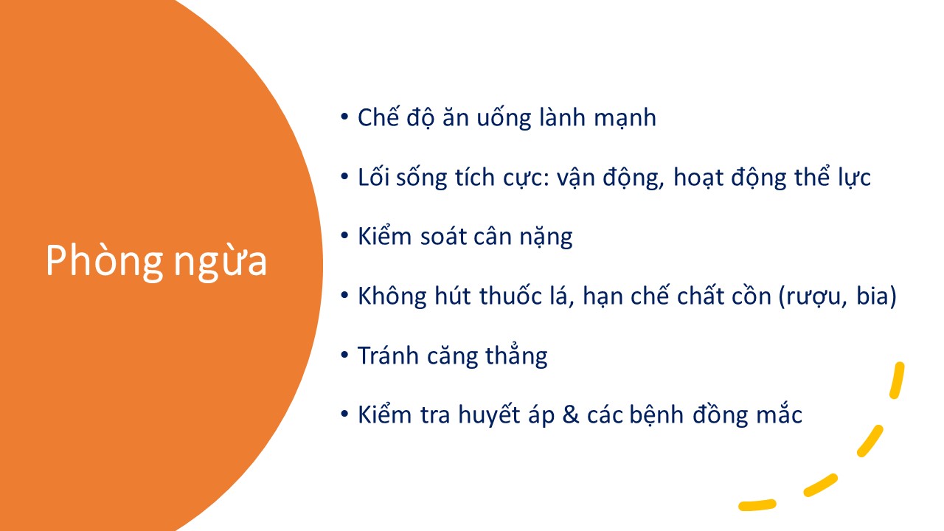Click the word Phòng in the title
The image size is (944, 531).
(x=104, y=261)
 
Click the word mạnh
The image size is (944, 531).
(x=625, y=118)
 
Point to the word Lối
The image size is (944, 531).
(x=373, y=176)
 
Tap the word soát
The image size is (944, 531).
(x=443, y=236)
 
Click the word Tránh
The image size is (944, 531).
(x=388, y=355)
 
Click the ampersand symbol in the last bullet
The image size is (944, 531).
(x=571, y=415)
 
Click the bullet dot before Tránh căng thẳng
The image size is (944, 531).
(x=344, y=355)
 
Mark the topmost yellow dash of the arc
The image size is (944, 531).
(x=897, y=380)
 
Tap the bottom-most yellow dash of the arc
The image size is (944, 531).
(x=757, y=505)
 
